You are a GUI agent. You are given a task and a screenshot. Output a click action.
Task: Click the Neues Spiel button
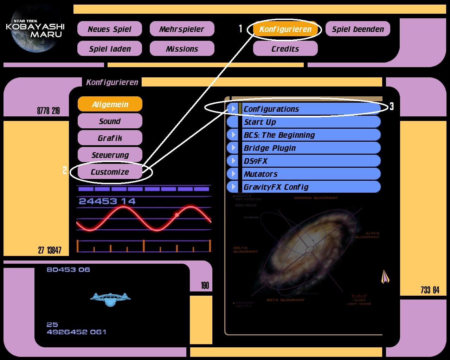click(x=109, y=29)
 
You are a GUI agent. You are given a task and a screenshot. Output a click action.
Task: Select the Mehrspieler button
click(x=182, y=29)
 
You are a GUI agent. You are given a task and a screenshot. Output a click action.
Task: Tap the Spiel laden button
click(x=109, y=49)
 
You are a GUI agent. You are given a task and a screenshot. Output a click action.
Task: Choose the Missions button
click(x=182, y=49)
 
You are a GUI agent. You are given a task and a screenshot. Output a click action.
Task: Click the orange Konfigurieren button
click(x=285, y=29)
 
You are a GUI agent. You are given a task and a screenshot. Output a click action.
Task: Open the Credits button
click(x=285, y=49)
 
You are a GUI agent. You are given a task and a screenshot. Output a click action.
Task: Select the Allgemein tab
click(x=110, y=104)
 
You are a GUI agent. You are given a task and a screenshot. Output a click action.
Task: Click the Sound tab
click(x=110, y=121)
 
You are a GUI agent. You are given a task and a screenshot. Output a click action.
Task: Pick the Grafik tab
click(x=110, y=138)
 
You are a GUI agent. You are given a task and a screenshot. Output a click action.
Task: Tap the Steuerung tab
click(x=110, y=155)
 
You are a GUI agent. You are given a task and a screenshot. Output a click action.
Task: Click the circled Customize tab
click(x=110, y=172)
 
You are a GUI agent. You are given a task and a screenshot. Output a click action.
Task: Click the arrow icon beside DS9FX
click(x=233, y=161)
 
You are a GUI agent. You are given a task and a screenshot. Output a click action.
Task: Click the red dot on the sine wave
click(x=177, y=215)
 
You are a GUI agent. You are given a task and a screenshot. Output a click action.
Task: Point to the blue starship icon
click(x=110, y=299)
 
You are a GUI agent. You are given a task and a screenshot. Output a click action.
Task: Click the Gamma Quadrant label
click(x=316, y=198)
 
